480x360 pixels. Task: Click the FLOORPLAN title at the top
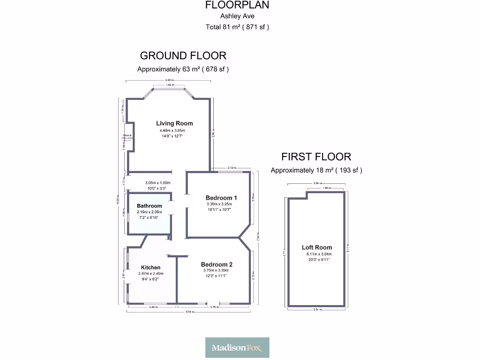click(237, 5)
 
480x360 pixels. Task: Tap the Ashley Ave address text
click(237, 16)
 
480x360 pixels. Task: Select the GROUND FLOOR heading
click(183, 56)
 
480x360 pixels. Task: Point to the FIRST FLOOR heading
click(316, 157)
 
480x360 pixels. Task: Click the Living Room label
click(174, 123)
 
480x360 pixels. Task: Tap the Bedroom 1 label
click(221, 198)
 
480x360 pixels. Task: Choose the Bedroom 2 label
click(217, 264)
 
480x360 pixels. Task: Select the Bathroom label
click(149, 206)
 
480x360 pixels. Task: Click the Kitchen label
click(150, 268)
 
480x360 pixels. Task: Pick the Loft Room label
click(317, 247)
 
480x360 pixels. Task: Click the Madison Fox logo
click(237, 347)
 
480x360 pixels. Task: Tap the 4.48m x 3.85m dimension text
click(172, 130)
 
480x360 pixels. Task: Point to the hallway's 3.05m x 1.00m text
click(157, 183)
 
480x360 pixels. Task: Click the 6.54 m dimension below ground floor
click(189, 312)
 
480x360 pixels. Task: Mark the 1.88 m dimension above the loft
click(326, 188)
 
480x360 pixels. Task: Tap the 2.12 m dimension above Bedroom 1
click(231, 167)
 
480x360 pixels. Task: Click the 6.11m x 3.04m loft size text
click(317, 255)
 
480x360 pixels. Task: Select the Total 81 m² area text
click(237, 27)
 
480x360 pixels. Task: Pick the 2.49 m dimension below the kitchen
click(152, 307)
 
